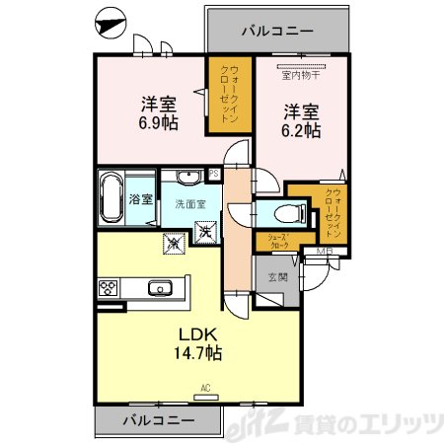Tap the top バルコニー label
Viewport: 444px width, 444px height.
[x=277, y=31]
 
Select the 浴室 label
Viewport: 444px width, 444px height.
[x=141, y=199]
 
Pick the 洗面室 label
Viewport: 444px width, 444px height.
[x=190, y=204]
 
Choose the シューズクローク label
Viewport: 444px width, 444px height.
[x=276, y=240]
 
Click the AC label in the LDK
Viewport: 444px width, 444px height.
[x=205, y=387]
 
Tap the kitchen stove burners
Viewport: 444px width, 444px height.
[x=108, y=288]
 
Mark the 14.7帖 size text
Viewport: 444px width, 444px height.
[x=198, y=353]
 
